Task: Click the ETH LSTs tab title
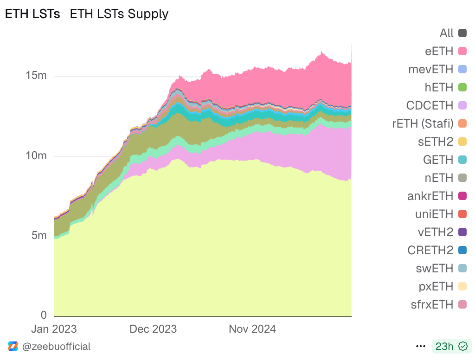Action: (32, 14)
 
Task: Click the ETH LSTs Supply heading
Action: (119, 14)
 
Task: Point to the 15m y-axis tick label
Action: (35, 75)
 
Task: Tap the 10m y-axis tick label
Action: (35, 155)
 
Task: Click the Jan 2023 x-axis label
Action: (54, 329)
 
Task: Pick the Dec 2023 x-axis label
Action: (153, 329)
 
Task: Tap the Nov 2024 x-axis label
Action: (252, 329)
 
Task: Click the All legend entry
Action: (447, 33)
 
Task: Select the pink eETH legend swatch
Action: (462, 51)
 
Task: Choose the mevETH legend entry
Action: (430, 69)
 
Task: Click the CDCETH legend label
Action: (430, 105)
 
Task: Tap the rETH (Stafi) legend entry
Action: (423, 123)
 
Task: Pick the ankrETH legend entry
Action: (430, 196)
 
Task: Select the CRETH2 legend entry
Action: (430, 250)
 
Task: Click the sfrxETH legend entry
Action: (431, 304)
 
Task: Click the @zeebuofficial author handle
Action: (56, 346)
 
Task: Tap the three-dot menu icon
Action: (421, 346)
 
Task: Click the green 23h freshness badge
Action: (451, 346)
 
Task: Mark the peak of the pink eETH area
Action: (321, 52)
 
